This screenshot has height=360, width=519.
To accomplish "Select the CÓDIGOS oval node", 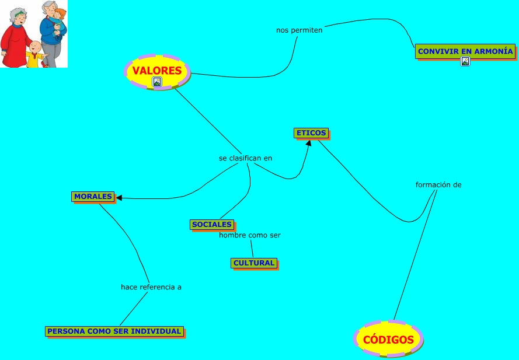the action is [388, 339].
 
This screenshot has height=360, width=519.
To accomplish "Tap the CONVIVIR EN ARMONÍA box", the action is [465, 51].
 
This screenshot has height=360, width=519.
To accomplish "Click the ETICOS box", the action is [311, 133].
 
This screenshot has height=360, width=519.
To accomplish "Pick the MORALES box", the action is [93, 197].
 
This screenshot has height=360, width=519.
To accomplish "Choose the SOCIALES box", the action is [212, 225].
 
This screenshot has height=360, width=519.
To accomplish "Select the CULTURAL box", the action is [253, 263].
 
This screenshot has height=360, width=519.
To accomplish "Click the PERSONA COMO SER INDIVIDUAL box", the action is [114, 331].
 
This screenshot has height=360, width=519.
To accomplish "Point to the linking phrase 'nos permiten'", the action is [299, 30].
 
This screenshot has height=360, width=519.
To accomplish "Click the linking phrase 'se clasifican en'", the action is [245, 158].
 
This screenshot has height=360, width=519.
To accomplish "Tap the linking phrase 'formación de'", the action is [438, 185].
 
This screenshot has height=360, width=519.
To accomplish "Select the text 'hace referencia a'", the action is [151, 287].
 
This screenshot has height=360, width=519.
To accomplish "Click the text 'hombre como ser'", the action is [250, 235].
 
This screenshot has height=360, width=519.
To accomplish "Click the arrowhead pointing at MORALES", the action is [119, 198].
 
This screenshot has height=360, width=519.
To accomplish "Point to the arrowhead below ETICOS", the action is [308, 143].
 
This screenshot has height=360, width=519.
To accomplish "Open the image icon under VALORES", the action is [156, 82].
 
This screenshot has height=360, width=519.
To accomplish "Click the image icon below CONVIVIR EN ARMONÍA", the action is [465, 61].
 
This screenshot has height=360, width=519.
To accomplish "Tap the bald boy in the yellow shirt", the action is [36, 53].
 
